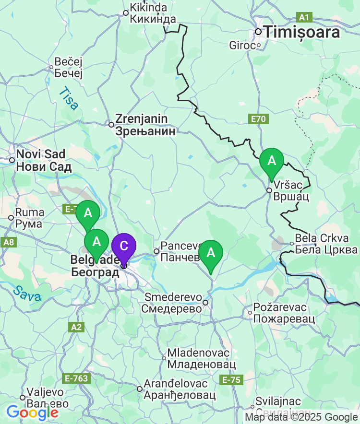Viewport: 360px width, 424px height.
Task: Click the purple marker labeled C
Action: pos(123,247)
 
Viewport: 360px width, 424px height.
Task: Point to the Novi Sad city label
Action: pos(43,161)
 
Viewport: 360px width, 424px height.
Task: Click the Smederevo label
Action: pos(173,303)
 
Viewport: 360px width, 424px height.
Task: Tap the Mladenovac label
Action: pos(201,359)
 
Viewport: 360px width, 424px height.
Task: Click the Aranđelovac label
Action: pos(178,389)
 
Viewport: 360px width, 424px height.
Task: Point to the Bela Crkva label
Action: pos(326,244)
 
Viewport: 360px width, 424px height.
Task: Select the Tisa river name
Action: pos(68,99)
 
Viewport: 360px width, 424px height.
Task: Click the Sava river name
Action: pos(27,294)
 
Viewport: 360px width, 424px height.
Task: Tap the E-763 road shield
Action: pos(77,378)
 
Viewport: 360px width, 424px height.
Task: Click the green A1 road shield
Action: pos(304,18)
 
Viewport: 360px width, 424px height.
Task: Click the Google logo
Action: pos(32,412)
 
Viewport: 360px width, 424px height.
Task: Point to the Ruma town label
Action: pos(29,218)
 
